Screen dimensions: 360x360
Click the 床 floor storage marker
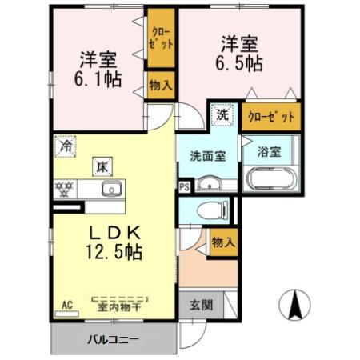tap(102, 167)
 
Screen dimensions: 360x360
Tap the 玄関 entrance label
tap(202, 304)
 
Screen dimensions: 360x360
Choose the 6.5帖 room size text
tap(238, 62)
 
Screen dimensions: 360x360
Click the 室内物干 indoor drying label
tap(120, 306)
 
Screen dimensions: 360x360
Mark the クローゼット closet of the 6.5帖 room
tap(271, 116)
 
